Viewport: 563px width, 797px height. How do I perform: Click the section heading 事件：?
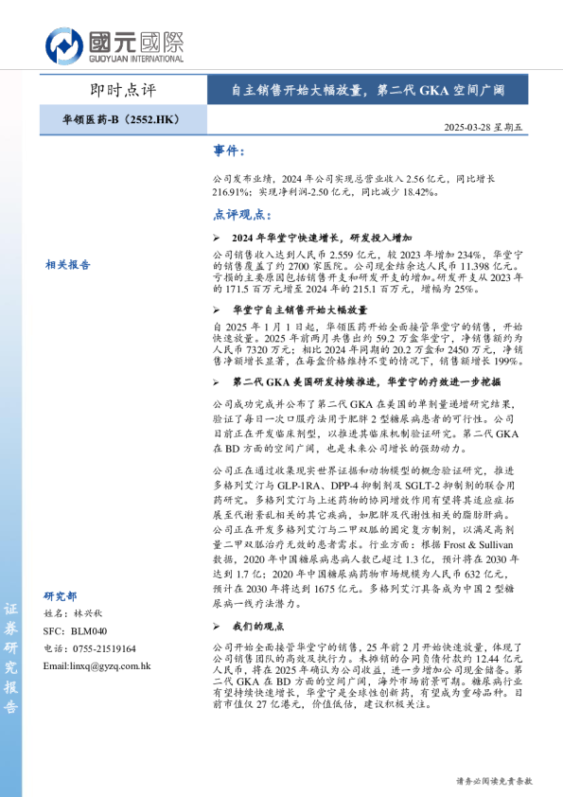pyautogui.click(x=230, y=151)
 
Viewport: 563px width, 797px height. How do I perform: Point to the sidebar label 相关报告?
pyautogui.click(x=68, y=265)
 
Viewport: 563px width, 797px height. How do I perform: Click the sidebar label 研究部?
pyautogui.click(x=61, y=596)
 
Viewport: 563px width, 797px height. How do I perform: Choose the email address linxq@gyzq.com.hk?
pyautogui.click(x=97, y=665)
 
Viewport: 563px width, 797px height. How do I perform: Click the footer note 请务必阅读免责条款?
pyautogui.click(x=494, y=781)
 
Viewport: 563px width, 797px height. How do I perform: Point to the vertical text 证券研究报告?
pyautogui.click(x=11, y=659)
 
